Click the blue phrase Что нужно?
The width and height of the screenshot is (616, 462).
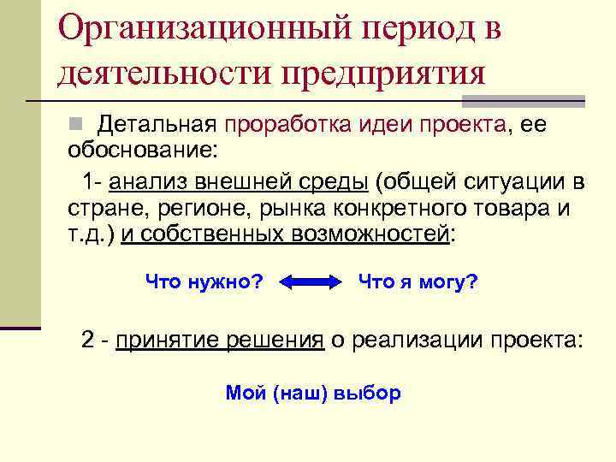click(x=204, y=281)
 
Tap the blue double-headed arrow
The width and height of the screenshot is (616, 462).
click(x=310, y=282)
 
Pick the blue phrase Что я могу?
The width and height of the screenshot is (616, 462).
click(x=418, y=281)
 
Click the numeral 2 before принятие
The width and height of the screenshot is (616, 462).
click(x=87, y=339)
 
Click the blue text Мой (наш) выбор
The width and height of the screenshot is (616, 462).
click(x=313, y=393)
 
